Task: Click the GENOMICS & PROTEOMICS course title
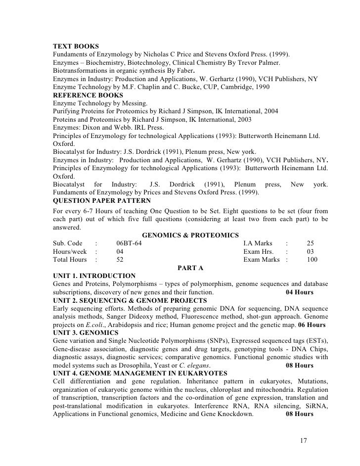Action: [x=190, y=235]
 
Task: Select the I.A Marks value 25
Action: [x=311, y=243]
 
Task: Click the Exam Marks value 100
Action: [x=312, y=259]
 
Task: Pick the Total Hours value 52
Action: [x=120, y=259]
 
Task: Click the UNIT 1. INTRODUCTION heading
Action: [x=93, y=276]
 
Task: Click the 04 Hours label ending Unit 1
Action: [x=300, y=292]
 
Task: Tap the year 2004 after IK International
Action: [x=269, y=112]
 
